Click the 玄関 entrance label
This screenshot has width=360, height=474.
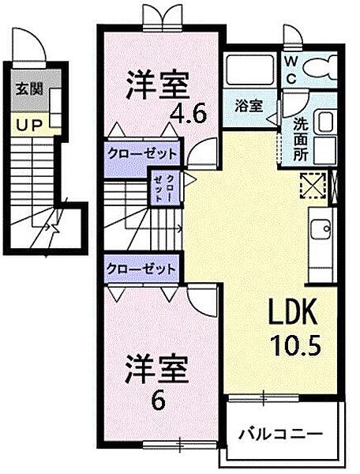29,89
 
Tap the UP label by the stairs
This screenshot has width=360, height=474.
28,126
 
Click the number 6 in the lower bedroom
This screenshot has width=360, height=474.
158,401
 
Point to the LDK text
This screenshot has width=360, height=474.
293,311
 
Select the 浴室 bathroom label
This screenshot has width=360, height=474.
249,106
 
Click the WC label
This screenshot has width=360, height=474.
291,70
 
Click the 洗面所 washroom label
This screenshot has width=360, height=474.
301,138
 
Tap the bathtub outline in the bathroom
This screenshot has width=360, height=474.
250,70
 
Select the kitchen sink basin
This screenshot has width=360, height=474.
321,229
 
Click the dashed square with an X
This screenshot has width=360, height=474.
313,185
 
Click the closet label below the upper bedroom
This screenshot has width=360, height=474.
142,154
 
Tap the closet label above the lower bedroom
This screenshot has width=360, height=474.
141,269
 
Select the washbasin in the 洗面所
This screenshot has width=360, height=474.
324,122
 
